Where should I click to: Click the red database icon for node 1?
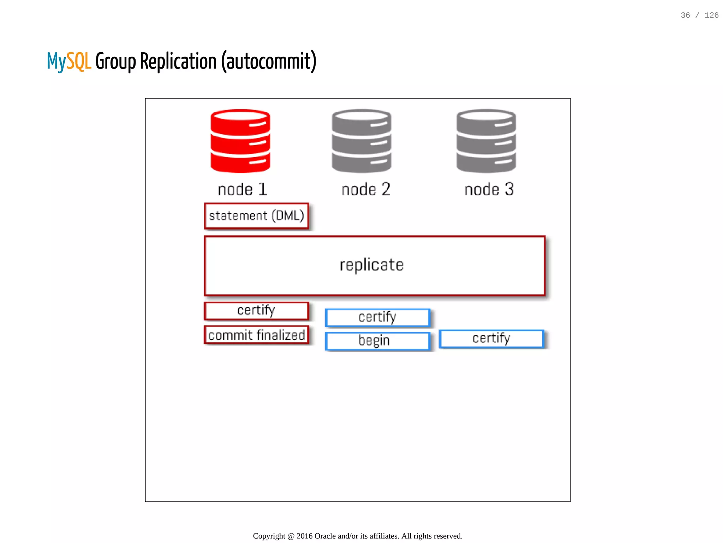click(x=240, y=141)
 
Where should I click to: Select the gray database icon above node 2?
click(x=361, y=141)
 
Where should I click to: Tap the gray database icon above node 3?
click(x=486, y=141)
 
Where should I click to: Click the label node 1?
click(x=243, y=190)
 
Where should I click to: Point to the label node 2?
click(x=366, y=190)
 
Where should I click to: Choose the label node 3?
click(x=489, y=190)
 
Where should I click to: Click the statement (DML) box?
click(x=257, y=216)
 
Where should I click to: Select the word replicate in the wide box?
click(x=371, y=265)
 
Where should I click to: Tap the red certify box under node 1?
click(x=257, y=311)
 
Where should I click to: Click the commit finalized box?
click(x=257, y=335)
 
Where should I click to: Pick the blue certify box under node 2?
click(x=377, y=318)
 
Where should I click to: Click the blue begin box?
click(x=377, y=341)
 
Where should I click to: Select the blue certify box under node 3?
click(x=491, y=339)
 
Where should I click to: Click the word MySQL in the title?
click(x=69, y=61)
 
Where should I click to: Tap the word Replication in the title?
click(x=178, y=61)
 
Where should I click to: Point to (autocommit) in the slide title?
click(x=269, y=61)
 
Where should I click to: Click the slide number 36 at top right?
click(x=685, y=15)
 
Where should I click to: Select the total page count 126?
click(x=711, y=15)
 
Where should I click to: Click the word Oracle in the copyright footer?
click(x=325, y=536)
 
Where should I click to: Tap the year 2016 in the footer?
click(x=304, y=536)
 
